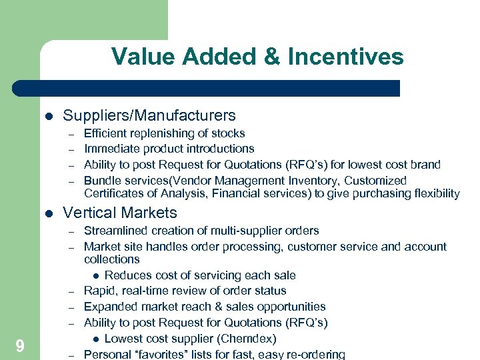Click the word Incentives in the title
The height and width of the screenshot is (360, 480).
[x=345, y=57]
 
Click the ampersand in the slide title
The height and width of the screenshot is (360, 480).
[x=271, y=57]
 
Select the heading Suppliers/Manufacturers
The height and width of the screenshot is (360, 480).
[x=149, y=115]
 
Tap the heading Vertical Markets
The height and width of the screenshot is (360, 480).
[x=119, y=213]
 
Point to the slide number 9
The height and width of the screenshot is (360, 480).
[x=20, y=345]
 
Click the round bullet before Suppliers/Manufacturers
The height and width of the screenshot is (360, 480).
[x=47, y=116]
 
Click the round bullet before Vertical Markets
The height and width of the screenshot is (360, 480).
[x=47, y=213]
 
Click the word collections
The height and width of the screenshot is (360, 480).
[x=111, y=259]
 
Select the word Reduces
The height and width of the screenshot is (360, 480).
[x=126, y=275]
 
